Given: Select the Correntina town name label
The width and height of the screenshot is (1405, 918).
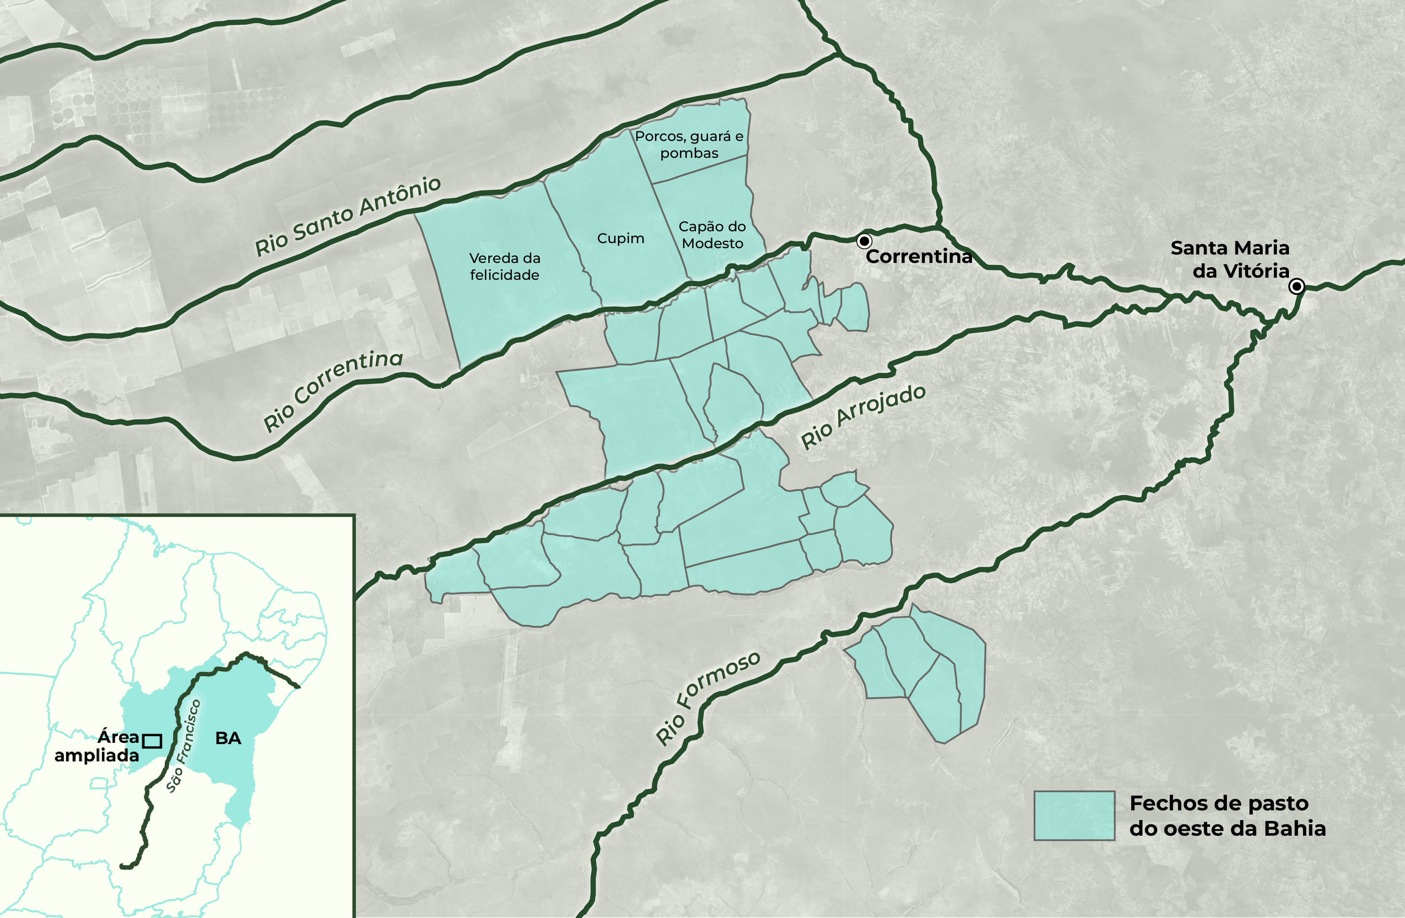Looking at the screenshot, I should [x=918, y=257].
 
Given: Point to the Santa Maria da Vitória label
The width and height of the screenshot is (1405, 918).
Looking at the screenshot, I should [x=1230, y=259].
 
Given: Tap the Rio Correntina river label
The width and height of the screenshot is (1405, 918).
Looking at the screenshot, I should [x=333, y=390].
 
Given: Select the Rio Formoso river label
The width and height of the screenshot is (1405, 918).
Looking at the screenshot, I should [x=708, y=699].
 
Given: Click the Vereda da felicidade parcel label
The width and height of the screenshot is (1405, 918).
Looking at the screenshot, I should [x=505, y=266].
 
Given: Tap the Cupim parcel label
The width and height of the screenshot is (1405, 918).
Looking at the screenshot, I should [x=620, y=238].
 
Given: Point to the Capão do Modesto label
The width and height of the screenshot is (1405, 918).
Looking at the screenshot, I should [x=712, y=235].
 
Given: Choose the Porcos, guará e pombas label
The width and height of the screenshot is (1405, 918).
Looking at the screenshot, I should [x=689, y=145].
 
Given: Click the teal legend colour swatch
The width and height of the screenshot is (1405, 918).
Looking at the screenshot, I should [x=1074, y=816].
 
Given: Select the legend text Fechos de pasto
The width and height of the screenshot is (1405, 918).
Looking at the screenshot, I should [x=1219, y=804].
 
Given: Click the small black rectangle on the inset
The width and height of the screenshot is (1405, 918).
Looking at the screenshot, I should [x=152, y=741].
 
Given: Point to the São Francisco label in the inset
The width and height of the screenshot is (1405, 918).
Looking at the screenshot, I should [x=184, y=746].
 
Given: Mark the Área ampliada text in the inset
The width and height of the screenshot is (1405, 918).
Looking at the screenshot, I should [x=97, y=746].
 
